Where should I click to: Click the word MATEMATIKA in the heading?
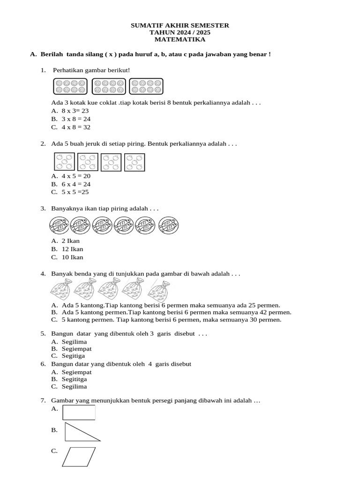click(180, 40)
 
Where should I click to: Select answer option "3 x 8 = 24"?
click(75, 119)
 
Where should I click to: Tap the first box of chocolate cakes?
click(71, 86)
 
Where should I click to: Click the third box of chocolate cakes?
click(146, 86)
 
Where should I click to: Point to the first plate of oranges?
click(64, 162)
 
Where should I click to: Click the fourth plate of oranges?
click(135, 162)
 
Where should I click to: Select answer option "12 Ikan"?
click(72, 249)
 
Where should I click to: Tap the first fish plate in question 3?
click(60, 226)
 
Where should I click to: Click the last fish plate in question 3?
click(168, 226)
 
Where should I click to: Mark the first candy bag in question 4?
click(60, 290)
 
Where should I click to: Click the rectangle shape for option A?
click(79, 412)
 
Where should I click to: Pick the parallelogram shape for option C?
click(79, 457)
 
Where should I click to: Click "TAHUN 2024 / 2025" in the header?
click(180, 33)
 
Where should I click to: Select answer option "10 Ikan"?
click(72, 257)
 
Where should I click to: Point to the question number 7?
click(43, 401)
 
